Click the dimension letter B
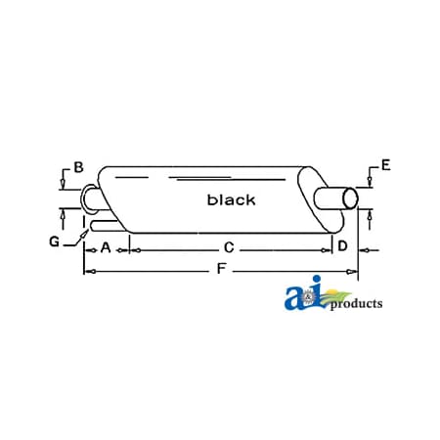click(x=77, y=168)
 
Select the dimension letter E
click(x=386, y=163)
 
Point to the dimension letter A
click(x=105, y=246)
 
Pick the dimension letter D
click(x=342, y=246)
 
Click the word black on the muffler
click(x=231, y=200)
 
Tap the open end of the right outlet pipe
click(x=349, y=198)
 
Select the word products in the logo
click(x=356, y=304)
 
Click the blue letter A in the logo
click(x=295, y=298)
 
